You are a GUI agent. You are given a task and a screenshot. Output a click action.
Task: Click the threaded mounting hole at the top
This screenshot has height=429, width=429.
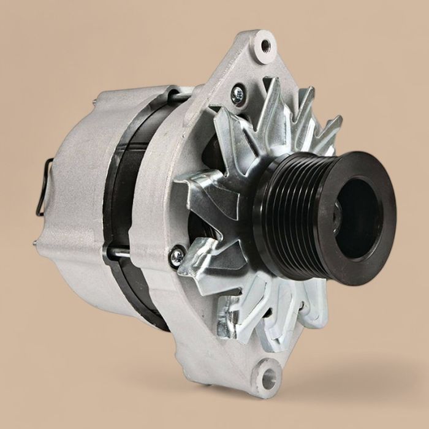tap(265, 45)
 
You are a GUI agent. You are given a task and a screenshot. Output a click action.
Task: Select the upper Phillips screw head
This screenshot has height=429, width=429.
tap(238, 94)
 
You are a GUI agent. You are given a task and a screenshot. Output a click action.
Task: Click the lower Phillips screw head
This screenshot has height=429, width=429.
tap(177, 256)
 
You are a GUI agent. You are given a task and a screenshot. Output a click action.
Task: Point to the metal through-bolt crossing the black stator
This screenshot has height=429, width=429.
tap(120, 252)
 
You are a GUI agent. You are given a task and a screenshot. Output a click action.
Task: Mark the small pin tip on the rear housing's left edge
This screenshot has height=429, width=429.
tap(36, 243)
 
